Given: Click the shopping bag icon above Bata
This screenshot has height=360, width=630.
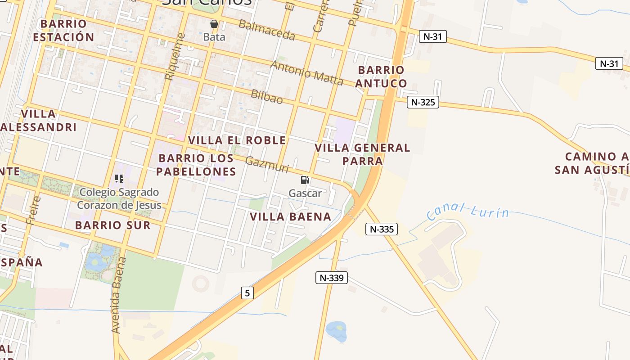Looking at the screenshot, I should coord(214,23).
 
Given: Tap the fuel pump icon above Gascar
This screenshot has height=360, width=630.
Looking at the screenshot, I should coord(305,180).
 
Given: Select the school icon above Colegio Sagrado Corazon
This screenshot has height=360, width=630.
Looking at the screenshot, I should coord(119,179).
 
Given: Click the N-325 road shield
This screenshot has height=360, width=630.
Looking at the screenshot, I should coord(423,102).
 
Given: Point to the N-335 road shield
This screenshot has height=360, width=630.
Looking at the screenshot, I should coord(382,229).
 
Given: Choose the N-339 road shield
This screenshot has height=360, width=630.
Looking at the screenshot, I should coord(332,278).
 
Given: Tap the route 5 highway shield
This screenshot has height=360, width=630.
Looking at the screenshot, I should coord(247,293).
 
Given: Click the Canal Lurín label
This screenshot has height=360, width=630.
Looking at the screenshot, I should coord(468,211).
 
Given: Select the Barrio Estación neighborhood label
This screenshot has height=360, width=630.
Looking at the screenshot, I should coord(63,30).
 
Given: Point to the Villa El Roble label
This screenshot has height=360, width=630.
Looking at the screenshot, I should coord(237,140).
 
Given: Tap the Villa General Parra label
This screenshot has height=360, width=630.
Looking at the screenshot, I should coord(362,154).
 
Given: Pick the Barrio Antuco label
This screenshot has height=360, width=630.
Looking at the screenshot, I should coord(381,76).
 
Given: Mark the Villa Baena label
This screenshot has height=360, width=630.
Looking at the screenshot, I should coord(291,217).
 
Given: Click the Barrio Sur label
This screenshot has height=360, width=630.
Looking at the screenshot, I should coord(113,225).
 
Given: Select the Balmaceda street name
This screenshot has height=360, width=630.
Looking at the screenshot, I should coord(266,30).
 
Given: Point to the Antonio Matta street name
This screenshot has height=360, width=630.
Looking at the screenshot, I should coord(306,72).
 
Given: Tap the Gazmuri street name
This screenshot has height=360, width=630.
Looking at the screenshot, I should coord(267,165).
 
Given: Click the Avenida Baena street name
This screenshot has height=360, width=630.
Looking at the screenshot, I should coord(117,295).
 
